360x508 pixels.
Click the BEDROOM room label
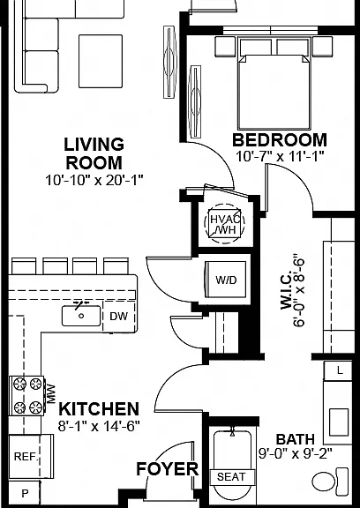coord(280,140)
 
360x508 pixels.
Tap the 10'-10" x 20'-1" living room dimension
coord(94,180)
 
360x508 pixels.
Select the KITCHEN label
coord(99,409)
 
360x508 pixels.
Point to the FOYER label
coord(167,469)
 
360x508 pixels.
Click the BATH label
coord(296,439)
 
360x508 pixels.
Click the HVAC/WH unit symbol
coord(224,223)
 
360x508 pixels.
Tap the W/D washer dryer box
coord(226,280)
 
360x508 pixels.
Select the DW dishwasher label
coord(118,317)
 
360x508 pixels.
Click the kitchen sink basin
coord(81,316)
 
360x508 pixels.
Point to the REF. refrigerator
coord(31,457)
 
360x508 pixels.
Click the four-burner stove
coord(26,396)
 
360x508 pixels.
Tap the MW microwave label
coord(51,394)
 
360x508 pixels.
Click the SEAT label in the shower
coord(231,477)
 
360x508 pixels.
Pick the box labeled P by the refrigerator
coord(24,493)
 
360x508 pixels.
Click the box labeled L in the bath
coord(338,370)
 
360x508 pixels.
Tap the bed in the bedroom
coord(274,84)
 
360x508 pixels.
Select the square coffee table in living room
coord(101,61)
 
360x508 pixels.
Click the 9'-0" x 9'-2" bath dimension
coord(296,453)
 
